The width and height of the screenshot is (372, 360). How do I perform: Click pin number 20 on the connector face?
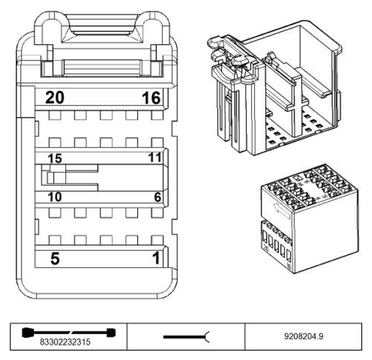55,98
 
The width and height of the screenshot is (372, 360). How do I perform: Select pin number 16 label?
151,98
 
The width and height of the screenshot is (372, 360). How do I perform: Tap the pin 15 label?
55,158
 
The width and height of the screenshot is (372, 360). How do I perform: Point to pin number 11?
155,157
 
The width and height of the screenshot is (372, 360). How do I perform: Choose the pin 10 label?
55,197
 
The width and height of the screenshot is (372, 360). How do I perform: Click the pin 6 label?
158,197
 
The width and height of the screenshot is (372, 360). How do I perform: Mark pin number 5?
55,259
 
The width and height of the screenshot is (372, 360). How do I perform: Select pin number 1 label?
156,258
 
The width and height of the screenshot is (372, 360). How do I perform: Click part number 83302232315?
65,342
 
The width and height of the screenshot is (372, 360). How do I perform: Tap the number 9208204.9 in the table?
303,336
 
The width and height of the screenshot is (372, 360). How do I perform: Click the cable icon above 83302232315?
69,333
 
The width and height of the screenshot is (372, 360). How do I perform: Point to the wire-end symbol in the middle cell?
186,337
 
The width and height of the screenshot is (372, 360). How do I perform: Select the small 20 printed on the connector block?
266,249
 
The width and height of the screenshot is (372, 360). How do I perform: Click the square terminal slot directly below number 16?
158,115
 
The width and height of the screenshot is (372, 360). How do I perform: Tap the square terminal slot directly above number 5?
55,240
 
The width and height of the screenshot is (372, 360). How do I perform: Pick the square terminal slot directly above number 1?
158,240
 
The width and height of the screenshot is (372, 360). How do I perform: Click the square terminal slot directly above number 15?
55,143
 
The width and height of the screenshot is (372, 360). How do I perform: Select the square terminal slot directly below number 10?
55,213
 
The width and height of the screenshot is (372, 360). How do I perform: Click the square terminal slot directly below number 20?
55,115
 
